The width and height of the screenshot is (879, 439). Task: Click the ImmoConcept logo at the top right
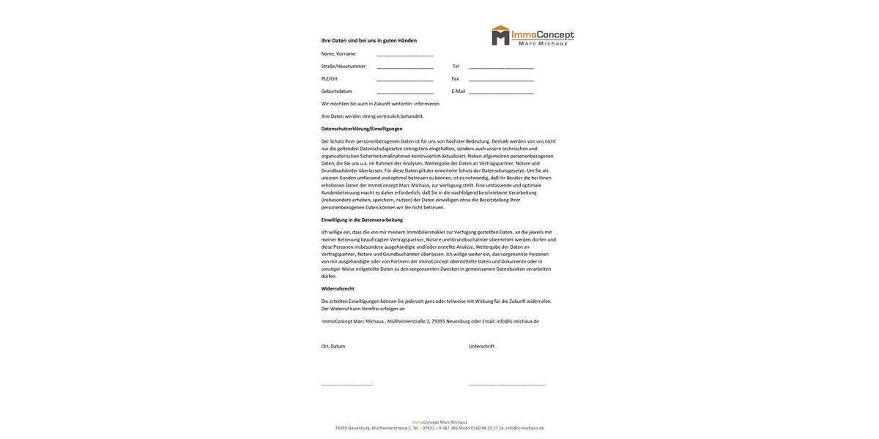pos(533,35)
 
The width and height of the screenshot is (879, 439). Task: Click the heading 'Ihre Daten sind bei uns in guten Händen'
pos(368,41)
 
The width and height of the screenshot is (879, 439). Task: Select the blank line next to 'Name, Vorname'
pos(405,55)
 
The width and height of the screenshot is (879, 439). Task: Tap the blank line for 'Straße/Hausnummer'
pos(405,67)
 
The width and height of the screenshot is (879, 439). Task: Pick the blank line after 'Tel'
pos(501,67)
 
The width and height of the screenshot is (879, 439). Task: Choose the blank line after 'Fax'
pos(501,80)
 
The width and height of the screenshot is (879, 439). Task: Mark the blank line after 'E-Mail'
pos(501,92)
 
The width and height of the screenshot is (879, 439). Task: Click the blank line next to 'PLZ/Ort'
pos(405,80)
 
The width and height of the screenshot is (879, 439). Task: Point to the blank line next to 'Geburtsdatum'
pos(405,92)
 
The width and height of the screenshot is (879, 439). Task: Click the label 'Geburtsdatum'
pos(336,91)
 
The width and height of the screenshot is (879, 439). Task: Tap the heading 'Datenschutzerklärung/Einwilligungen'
pos(362,129)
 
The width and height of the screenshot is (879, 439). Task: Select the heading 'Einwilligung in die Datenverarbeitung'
pos(362,219)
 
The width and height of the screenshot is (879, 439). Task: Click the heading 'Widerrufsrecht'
pos(338,289)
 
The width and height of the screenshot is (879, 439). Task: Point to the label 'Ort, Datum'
pos(333,347)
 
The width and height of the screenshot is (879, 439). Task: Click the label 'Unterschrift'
pos(482,347)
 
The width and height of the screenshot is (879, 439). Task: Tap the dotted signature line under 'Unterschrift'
pos(507,385)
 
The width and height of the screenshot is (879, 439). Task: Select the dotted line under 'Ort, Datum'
pos(347,385)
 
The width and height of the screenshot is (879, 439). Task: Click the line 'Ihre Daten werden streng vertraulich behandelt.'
pos(372,116)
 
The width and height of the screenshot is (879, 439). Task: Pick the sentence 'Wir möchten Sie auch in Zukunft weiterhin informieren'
pos(380,104)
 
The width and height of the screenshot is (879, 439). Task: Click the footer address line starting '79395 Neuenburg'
pos(439,429)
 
